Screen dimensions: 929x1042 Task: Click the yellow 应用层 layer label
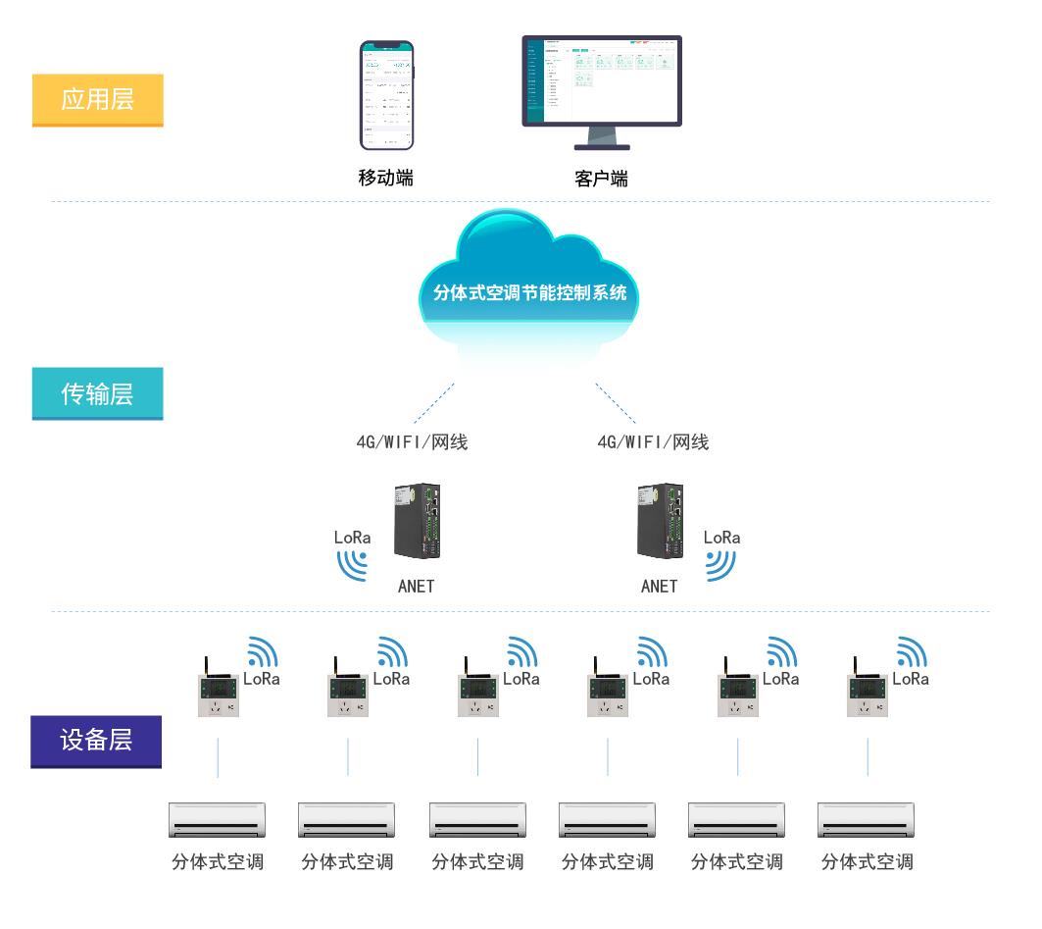pos(97,99)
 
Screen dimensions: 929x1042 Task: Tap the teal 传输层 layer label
pos(97,393)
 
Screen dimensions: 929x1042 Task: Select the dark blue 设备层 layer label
pos(96,740)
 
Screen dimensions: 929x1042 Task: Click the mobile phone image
pos(386,95)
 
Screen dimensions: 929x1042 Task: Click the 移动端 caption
pos(385,178)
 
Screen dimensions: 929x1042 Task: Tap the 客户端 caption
pos(601,179)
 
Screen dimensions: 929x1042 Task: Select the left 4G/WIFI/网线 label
pos(412,441)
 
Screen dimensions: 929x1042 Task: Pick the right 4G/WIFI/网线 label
pos(653,441)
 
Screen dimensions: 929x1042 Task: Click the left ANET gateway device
pos(417,522)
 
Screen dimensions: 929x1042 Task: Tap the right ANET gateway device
pos(660,522)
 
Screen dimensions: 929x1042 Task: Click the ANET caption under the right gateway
pos(659,587)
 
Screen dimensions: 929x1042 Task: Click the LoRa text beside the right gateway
pos(721,538)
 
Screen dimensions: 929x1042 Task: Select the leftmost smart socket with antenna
pos(217,689)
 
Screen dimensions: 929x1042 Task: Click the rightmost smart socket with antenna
pos(867,689)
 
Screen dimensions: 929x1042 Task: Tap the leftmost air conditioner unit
pos(217,820)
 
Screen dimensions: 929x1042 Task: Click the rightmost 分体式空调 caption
pos(867,862)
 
